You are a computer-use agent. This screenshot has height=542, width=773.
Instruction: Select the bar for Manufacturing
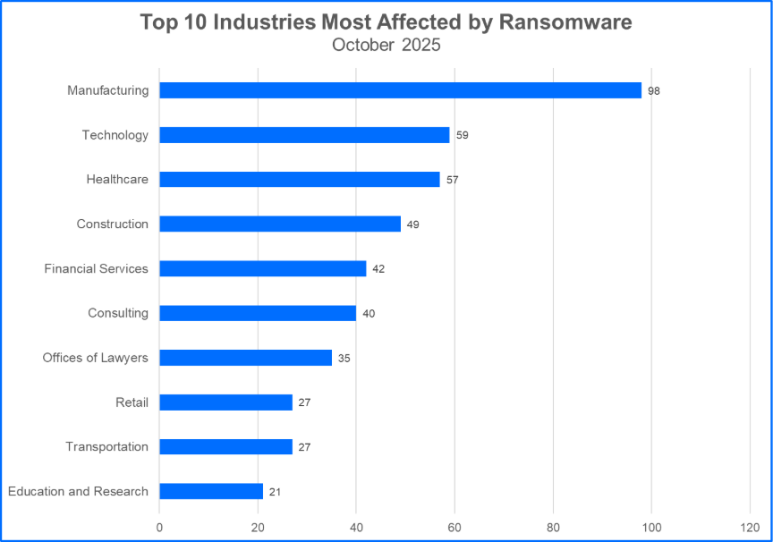[x=400, y=90]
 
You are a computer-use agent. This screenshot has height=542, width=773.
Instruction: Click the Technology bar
[x=304, y=135]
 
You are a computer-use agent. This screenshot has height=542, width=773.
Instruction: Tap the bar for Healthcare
[x=300, y=180]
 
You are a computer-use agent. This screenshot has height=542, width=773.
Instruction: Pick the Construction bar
[x=280, y=224]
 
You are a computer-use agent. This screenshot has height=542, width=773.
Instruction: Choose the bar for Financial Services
[x=263, y=268]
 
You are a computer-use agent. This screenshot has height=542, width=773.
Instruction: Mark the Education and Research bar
[x=211, y=491]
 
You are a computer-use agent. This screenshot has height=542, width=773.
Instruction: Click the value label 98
[x=654, y=91]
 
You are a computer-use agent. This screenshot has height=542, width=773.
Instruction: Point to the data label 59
[x=462, y=136]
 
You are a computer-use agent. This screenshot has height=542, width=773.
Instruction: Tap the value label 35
[x=344, y=359]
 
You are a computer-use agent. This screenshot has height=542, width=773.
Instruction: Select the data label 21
[x=275, y=492]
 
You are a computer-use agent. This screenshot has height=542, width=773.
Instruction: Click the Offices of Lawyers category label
[x=95, y=358]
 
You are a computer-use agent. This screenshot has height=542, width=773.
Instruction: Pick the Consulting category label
[x=118, y=313]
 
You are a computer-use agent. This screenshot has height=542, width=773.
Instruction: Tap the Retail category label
[x=131, y=402]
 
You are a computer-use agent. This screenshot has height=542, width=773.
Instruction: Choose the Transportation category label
[x=106, y=446]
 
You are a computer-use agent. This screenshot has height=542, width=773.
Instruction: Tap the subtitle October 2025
[x=386, y=45]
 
